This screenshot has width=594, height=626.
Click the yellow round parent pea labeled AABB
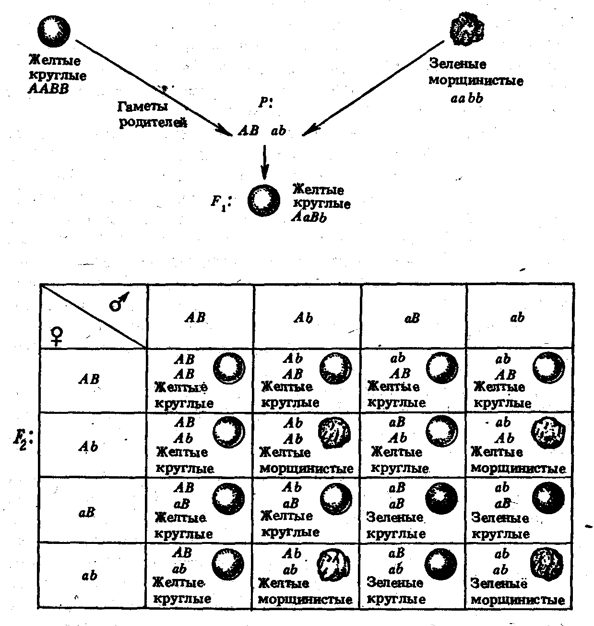[54, 32]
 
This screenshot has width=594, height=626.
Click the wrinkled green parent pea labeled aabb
[467, 30]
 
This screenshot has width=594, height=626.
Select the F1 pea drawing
[263, 200]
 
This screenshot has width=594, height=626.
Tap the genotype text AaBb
[309, 217]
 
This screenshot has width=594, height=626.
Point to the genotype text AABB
[48, 89]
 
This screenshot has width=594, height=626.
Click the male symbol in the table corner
[119, 301]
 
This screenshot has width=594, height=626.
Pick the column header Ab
[303, 317]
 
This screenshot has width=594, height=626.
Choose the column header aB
[412, 318]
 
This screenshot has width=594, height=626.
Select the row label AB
[89, 379]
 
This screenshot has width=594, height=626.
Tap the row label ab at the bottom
[89, 576]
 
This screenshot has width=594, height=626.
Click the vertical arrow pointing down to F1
[264, 162]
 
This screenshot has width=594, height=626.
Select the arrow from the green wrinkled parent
[373, 88]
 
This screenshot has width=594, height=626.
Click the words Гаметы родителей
[152, 115]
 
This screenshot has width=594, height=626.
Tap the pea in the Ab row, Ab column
[334, 433]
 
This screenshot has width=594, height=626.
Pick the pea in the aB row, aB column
[441, 498]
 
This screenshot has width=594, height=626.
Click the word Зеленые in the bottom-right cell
[499, 583]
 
